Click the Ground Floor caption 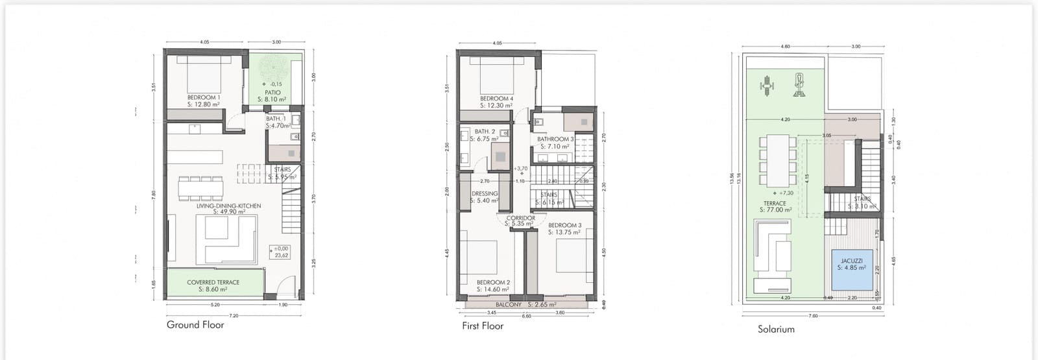[x=195, y=325]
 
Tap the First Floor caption [x=482, y=326]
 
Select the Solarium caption [x=776, y=330]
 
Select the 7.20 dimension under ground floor [x=234, y=316]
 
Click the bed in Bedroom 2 [x=480, y=256]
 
